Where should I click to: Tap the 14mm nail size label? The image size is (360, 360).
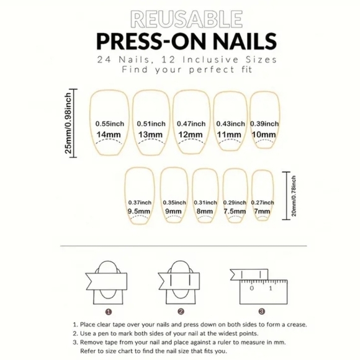tap(109, 135)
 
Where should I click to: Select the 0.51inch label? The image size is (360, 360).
tap(150, 124)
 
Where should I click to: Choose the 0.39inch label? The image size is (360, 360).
tap(263, 124)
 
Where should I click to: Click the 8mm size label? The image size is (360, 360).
tap(205, 212)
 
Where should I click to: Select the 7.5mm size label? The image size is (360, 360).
tap(235, 212)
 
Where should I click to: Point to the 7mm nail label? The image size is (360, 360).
tap(262, 212)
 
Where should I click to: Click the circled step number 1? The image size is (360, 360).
tap(109, 312)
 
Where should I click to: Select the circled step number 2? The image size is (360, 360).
tap(181, 312)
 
